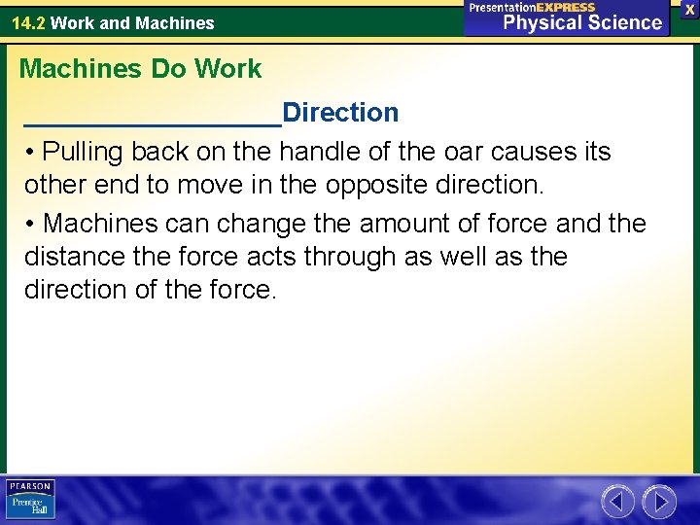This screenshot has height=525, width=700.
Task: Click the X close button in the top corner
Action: coord(689,9)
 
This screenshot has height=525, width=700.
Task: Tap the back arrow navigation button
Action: coord(616,502)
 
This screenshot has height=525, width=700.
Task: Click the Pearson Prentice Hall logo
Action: coord(30,500)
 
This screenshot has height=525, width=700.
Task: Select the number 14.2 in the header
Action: coord(28,23)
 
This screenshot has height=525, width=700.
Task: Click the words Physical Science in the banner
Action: coord(582,22)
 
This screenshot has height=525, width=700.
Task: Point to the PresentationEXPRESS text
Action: coord(532,7)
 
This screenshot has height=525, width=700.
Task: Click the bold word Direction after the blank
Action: coord(340,113)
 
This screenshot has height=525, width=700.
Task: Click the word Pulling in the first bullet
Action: coord(84,153)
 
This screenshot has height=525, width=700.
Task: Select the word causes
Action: coord(542,153)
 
